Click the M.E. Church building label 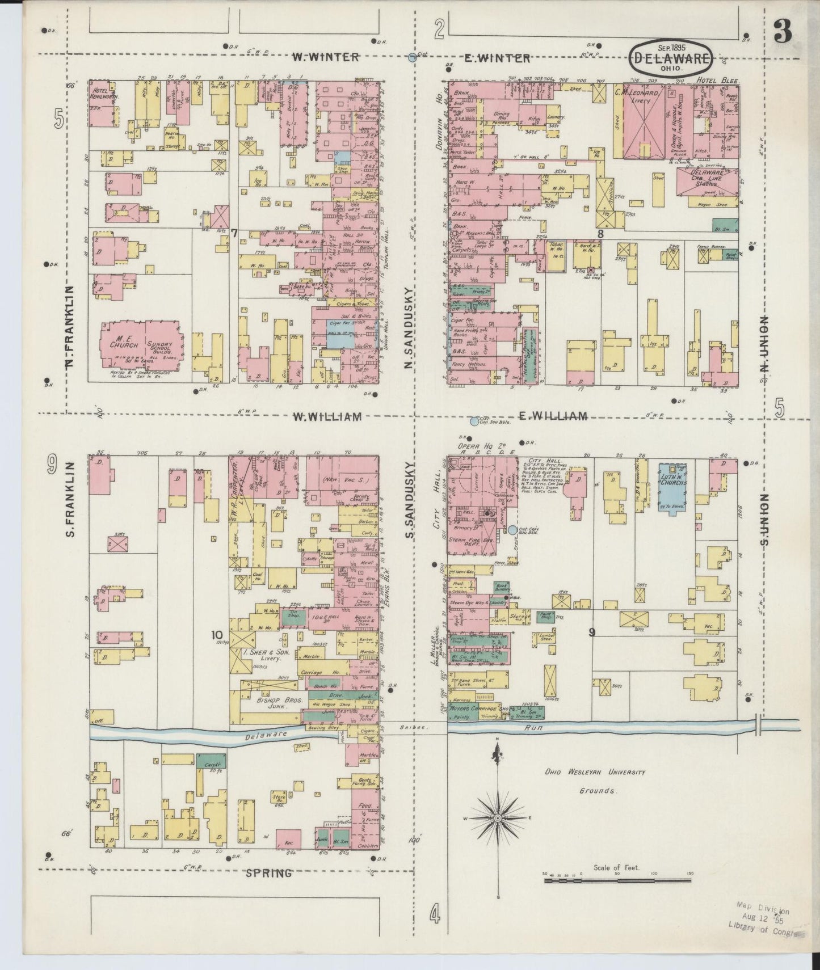[x=121, y=339]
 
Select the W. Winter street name [x=326, y=57]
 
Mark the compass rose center [x=497, y=818]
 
